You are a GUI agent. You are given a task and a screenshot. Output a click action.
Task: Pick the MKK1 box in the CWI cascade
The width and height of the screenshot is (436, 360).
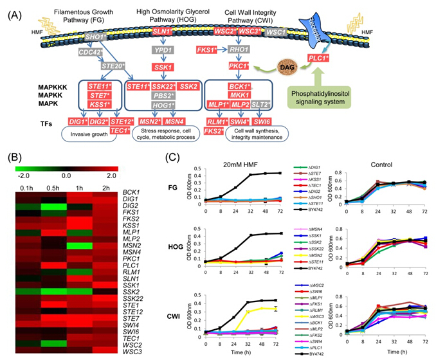(239, 95)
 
